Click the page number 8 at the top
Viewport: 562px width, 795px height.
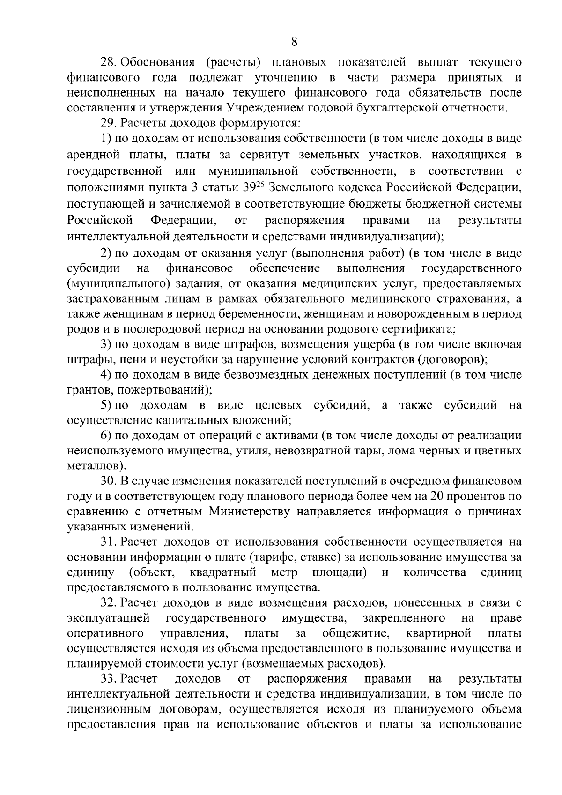(294, 42)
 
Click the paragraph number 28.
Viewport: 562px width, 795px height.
(109, 63)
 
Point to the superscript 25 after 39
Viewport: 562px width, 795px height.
(261, 186)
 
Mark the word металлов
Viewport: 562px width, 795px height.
(94, 466)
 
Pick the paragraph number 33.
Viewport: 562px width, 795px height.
(109, 679)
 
